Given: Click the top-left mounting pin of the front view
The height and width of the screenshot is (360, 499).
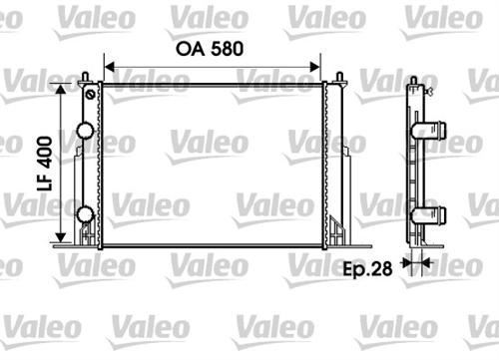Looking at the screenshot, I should point(89,78).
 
